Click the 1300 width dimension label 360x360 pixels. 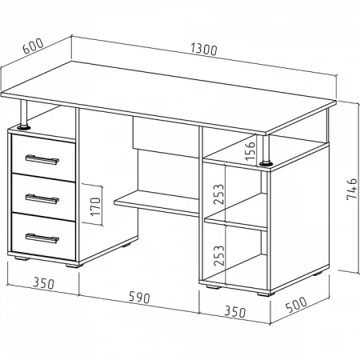coord(204,49)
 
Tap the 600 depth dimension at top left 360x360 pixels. coord(33,46)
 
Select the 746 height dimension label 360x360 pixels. coord(351,189)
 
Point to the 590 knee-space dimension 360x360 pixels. coord(139,297)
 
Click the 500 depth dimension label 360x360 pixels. coord(296,304)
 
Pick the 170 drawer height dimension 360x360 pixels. coord(95,206)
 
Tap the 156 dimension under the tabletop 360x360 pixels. coord(250,151)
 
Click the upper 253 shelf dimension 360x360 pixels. coord(218,194)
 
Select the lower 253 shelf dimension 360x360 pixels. coord(219,255)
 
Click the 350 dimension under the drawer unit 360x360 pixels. coord(43,283)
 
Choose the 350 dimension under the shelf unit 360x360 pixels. coord(234,311)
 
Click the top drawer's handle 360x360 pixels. coord(42,159)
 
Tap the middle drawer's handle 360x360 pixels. coord(42,198)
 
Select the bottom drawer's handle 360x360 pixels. coord(42,238)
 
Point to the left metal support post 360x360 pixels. coord(23,114)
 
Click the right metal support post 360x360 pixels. coord(266,150)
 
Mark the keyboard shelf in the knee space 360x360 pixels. coord(157,202)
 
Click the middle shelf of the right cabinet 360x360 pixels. coord(236,212)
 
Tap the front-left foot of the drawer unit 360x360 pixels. coord(22,258)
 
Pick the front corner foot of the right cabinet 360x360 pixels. coord(266,294)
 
